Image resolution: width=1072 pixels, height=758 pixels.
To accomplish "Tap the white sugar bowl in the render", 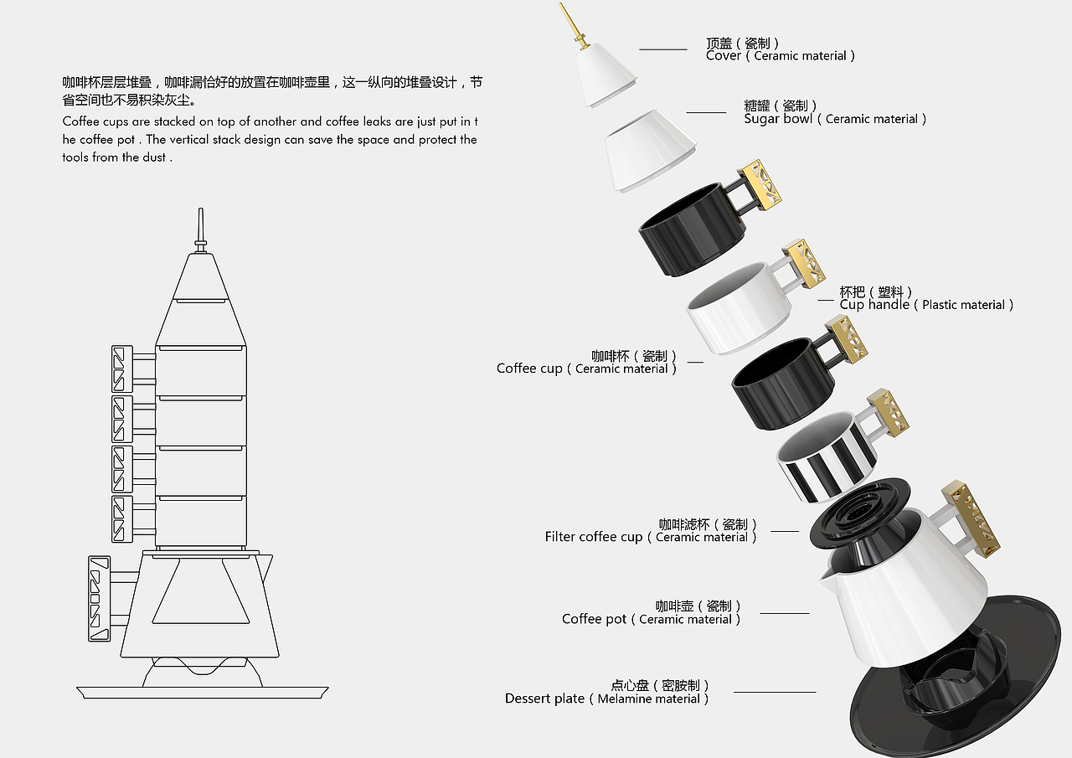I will tap(649, 151).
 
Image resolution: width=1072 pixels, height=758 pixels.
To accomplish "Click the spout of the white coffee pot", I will tap(828, 577).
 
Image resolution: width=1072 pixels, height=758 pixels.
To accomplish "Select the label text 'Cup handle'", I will tap(874, 305).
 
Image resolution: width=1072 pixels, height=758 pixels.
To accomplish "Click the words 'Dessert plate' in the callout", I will tap(544, 699).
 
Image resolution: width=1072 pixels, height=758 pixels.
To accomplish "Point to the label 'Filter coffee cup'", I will tap(593, 537).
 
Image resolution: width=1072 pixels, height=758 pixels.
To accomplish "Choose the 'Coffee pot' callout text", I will tap(594, 619).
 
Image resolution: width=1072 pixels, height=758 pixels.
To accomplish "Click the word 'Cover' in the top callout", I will tap(724, 55).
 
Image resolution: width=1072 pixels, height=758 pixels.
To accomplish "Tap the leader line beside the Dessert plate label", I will tap(774, 692).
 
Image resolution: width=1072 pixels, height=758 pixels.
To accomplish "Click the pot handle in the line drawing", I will tap(100, 598).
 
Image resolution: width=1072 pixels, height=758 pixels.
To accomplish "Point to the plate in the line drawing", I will tap(202, 691).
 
